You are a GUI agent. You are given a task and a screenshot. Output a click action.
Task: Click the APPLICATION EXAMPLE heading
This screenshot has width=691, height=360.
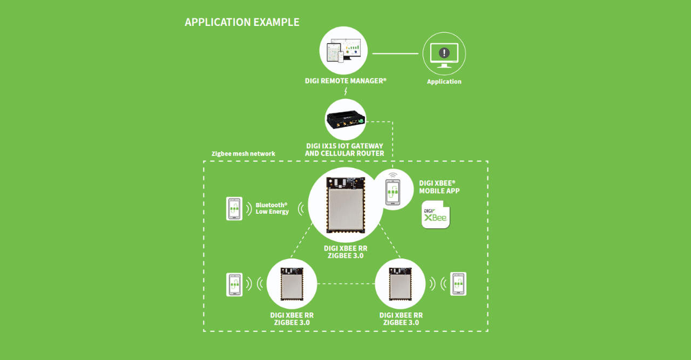coord(242,22)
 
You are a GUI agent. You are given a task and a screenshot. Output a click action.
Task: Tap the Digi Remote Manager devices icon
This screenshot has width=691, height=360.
coord(343,52)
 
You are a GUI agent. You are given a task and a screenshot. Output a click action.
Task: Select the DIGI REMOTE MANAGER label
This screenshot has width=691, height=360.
coord(345,81)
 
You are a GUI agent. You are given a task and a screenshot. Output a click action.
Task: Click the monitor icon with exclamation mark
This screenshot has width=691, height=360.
coord(444,53)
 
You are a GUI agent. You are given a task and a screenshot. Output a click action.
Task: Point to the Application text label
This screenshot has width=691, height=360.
coord(444,81)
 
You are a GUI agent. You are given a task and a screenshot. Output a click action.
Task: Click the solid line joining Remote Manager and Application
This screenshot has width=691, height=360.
coord(395,53)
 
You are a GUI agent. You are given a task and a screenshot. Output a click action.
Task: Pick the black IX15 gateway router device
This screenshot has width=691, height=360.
coord(345,119)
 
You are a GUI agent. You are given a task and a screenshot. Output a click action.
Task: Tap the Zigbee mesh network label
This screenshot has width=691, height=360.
coord(243,154)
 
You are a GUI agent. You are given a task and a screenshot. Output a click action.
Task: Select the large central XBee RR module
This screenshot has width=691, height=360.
coord(345,205)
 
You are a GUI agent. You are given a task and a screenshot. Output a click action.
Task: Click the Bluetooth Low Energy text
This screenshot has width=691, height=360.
coord(272,208)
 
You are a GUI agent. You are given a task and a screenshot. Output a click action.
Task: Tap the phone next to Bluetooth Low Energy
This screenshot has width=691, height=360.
coord(234,208)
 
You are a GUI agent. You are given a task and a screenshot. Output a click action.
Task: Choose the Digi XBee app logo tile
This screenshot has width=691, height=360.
coord(436,214)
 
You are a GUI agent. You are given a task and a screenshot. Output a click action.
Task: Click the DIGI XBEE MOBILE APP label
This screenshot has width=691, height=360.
coord(439,187)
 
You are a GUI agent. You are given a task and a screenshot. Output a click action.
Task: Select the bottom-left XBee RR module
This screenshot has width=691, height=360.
coord(292,284)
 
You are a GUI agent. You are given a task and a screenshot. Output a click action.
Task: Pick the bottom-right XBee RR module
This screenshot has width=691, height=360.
coord(400,284)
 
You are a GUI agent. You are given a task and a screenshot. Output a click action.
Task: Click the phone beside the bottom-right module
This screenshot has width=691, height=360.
coord(458,284)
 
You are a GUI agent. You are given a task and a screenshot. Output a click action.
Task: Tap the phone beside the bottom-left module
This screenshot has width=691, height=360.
coord(234,284)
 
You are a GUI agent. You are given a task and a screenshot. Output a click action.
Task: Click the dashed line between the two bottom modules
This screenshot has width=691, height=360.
coord(345,284)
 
